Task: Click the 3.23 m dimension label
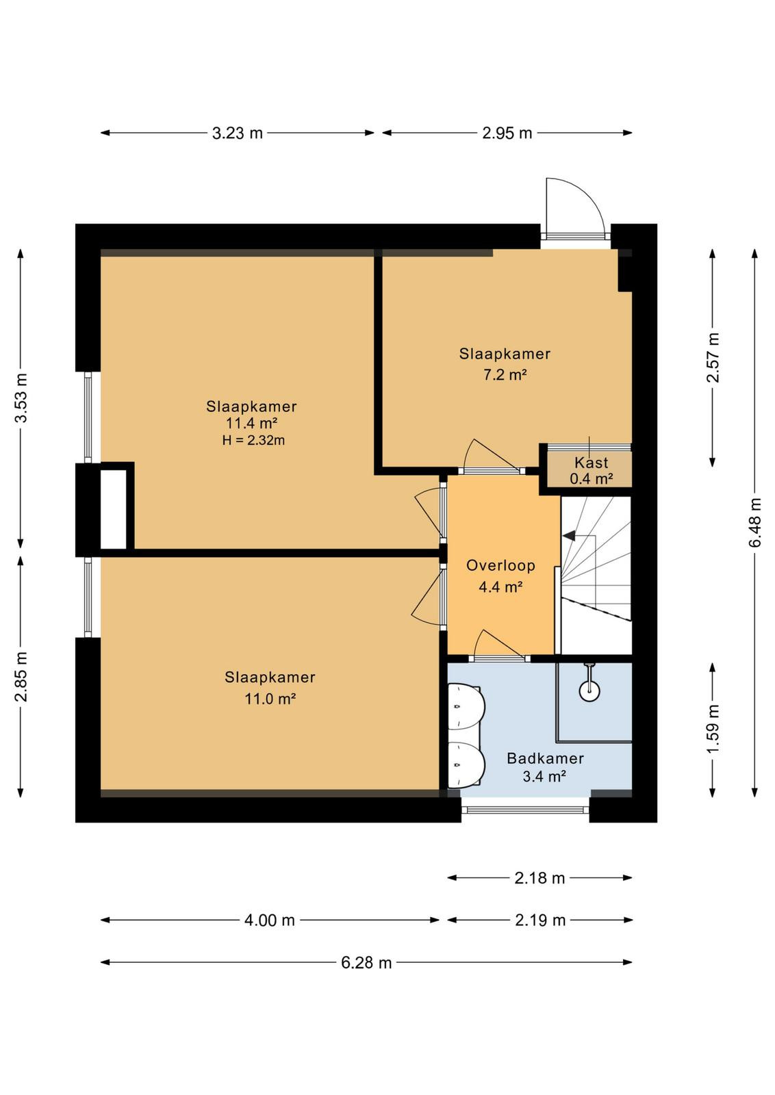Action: coord(237,133)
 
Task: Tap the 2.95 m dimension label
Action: coord(507,133)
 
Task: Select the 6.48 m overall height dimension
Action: coord(756,523)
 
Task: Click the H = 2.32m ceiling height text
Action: coord(253,441)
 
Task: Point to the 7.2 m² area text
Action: coord(505,376)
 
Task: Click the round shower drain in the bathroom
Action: coord(590,691)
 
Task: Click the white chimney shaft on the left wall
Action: coord(114,510)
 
